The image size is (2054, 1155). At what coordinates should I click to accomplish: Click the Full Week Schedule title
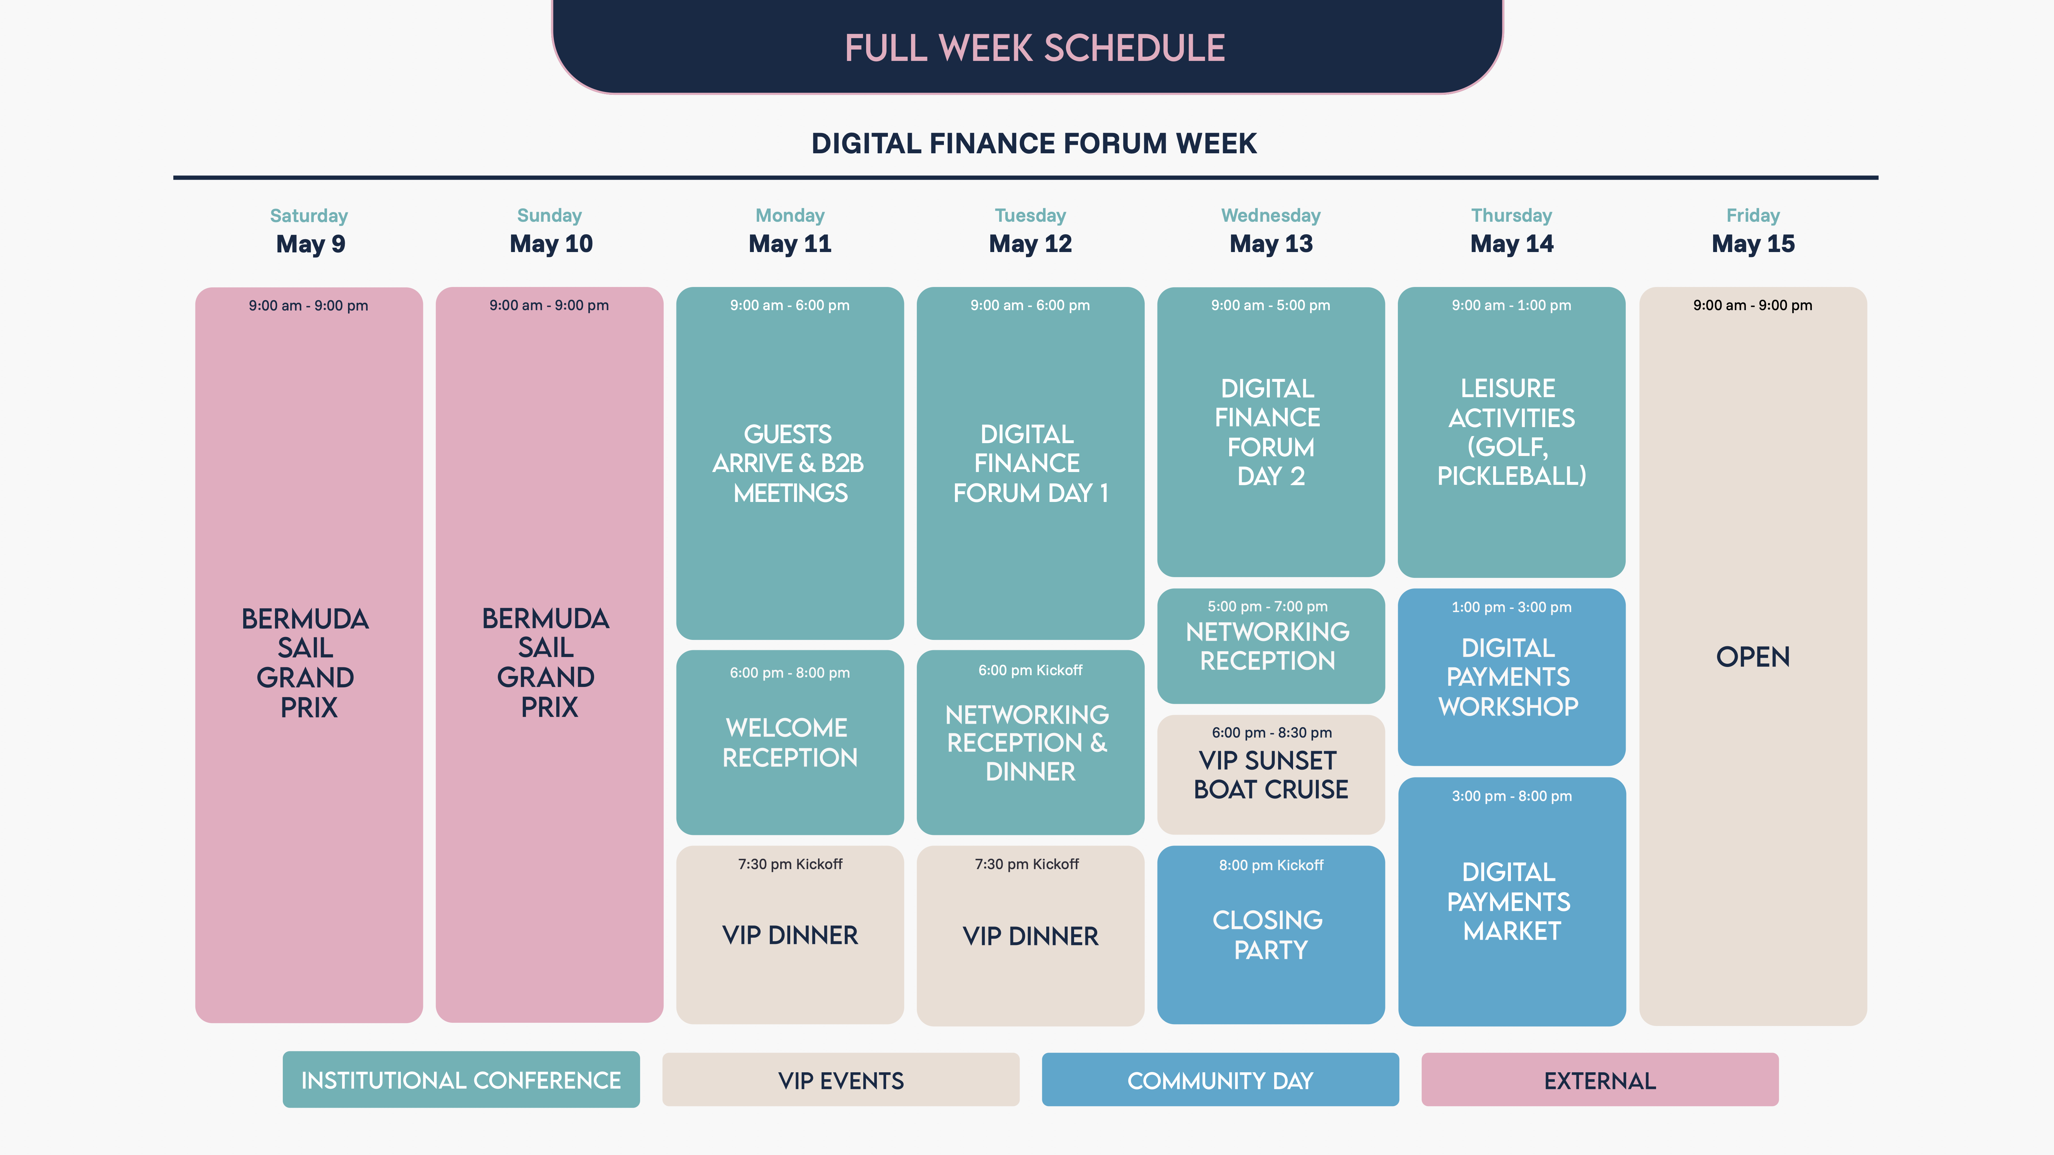tap(1034, 48)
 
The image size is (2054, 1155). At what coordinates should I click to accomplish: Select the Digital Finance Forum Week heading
tap(1034, 143)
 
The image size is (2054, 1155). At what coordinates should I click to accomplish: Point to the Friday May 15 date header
tap(1753, 231)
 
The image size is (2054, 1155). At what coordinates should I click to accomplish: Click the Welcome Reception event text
tap(790, 742)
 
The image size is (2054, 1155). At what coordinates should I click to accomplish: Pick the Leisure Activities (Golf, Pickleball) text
tap(1511, 432)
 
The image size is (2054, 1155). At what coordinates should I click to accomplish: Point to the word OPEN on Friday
tap(1753, 657)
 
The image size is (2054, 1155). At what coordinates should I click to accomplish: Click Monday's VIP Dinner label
tap(790, 935)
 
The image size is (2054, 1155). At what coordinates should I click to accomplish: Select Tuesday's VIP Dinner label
tap(1030, 936)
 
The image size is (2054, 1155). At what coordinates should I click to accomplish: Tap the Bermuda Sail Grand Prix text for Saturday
tap(307, 662)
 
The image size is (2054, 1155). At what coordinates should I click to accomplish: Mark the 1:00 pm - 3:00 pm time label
tap(1511, 607)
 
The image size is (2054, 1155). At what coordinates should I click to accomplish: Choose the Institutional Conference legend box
tap(461, 1080)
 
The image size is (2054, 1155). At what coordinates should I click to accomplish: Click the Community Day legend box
tap(1220, 1080)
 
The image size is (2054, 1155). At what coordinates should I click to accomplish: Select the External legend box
tap(1599, 1080)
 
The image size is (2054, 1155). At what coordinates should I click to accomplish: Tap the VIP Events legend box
tap(840, 1080)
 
